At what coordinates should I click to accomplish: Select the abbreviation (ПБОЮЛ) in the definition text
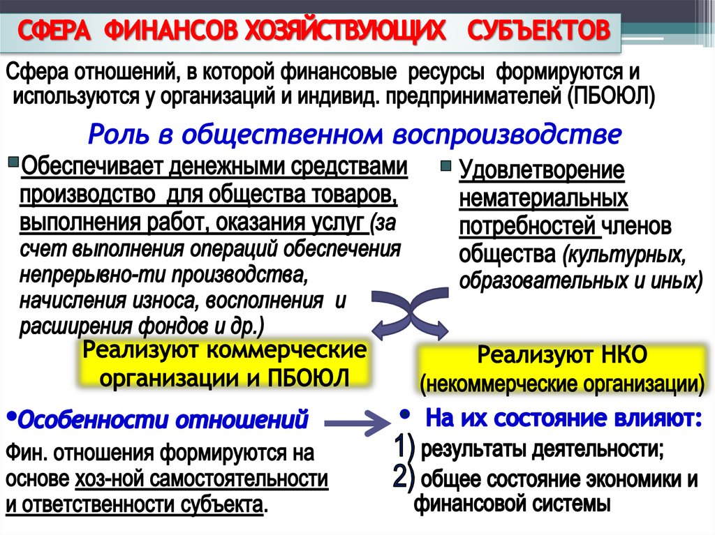tap(611, 97)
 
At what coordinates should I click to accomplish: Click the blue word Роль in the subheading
tap(119, 135)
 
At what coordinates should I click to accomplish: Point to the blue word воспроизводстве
tap(507, 135)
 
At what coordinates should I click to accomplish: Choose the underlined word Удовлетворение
tap(542, 171)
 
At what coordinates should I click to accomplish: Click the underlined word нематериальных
tap(543, 199)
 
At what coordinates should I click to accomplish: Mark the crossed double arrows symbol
tap(410, 313)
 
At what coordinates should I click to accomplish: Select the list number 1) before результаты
tap(404, 448)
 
